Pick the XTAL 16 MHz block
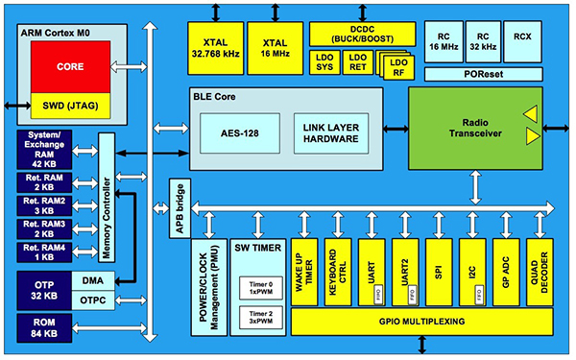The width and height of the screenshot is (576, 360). (274, 47)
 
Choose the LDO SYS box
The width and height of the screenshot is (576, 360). (324, 63)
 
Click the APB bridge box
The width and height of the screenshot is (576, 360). (179, 206)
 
